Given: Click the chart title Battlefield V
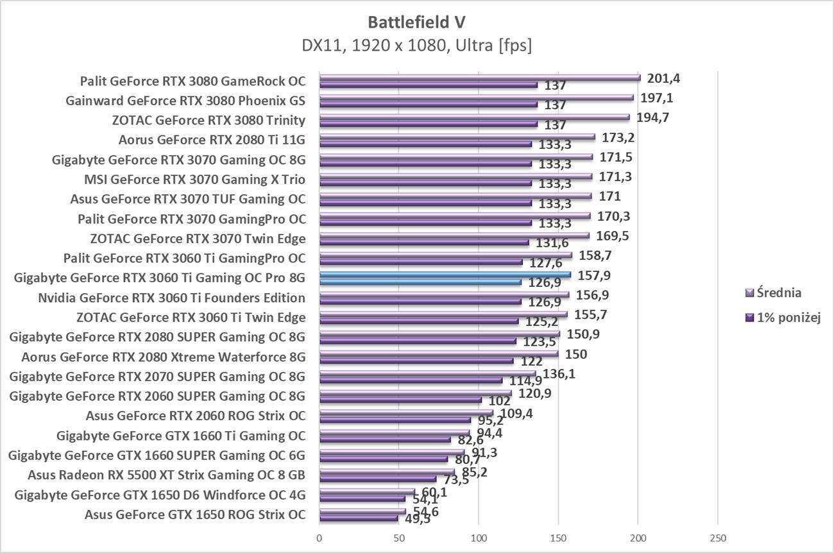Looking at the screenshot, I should [x=416, y=22].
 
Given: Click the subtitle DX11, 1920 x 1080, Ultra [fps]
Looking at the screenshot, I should [x=416, y=46].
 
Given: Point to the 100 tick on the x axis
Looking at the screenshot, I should [x=479, y=538].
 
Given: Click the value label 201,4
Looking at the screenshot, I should [x=664, y=78].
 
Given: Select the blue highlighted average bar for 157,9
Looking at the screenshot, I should [x=445, y=275].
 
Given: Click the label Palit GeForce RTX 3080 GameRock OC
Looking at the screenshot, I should [x=192, y=81].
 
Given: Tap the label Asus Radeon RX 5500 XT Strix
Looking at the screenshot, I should [x=166, y=475].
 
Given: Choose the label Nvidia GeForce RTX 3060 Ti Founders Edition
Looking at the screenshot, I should [x=171, y=298].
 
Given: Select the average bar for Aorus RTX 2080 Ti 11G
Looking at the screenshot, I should [x=457, y=137].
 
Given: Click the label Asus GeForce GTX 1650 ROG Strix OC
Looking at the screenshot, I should [x=195, y=514].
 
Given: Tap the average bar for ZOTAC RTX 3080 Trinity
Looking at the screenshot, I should [x=475, y=117].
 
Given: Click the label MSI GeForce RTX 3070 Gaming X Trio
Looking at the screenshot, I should [x=195, y=180].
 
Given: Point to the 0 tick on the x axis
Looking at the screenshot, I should [x=319, y=538].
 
